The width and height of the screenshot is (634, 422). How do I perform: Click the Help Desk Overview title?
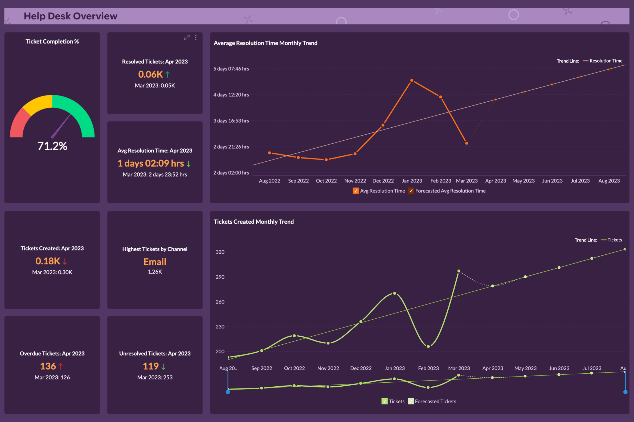coord(70,16)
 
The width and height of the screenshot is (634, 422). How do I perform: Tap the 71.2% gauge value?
coord(52,146)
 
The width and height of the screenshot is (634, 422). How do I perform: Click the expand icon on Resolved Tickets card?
coord(187,38)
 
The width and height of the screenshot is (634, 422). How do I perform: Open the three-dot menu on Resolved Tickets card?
coord(196,38)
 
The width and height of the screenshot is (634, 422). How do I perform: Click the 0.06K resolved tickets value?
coord(150,74)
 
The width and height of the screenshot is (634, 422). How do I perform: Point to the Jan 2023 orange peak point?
coord(412,80)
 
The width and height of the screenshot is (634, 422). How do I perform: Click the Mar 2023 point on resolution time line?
coord(467,143)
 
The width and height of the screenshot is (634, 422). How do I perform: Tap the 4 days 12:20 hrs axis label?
coord(231,95)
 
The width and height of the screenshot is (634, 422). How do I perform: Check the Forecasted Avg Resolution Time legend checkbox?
coord(411,191)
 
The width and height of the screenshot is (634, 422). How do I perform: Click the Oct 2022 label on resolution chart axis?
coord(326,181)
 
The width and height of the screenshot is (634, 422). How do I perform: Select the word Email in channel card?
coord(155,262)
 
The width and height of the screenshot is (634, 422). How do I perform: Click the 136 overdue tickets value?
coord(48,366)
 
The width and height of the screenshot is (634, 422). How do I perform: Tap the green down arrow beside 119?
coord(163,367)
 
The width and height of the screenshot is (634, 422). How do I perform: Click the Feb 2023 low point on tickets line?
coord(428,346)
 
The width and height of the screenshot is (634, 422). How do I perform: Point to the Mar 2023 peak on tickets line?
coord(459,271)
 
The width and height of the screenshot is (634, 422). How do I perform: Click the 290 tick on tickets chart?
coord(220,277)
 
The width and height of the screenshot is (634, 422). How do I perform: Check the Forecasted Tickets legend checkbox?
coord(411,402)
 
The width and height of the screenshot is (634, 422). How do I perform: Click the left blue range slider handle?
coord(228,392)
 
